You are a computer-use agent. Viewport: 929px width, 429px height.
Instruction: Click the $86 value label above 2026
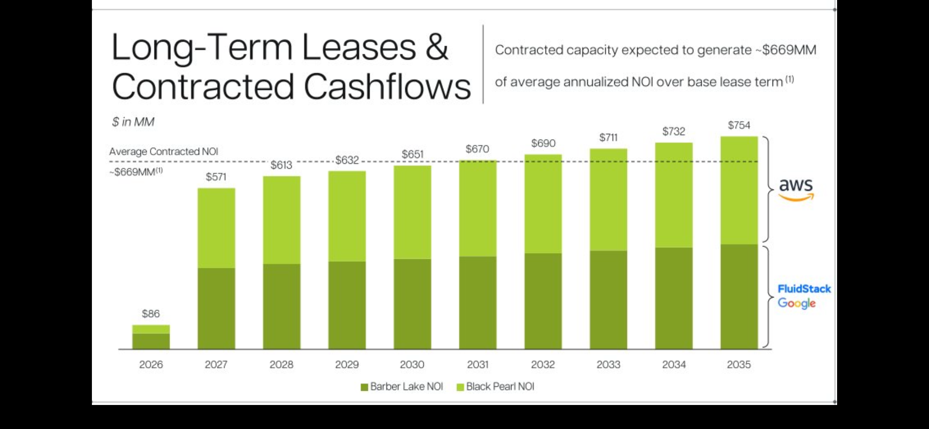[x=151, y=314]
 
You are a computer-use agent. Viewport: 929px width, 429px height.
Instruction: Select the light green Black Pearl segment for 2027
[x=216, y=228]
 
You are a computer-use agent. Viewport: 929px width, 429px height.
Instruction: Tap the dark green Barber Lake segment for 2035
[x=739, y=297]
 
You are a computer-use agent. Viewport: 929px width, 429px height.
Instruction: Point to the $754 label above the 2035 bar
[x=739, y=125]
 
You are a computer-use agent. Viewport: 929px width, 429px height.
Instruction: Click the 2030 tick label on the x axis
[x=412, y=365]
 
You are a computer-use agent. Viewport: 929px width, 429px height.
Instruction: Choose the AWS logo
[x=796, y=189]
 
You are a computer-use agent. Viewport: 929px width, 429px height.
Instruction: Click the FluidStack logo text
[x=804, y=289]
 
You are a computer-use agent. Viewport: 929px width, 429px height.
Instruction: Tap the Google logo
[x=796, y=304]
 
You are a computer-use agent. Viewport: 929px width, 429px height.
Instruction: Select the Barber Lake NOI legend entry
[x=402, y=387]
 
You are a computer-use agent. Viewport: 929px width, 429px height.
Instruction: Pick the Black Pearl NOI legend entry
[x=496, y=387]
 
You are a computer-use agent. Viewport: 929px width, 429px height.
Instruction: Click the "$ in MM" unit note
[x=133, y=122]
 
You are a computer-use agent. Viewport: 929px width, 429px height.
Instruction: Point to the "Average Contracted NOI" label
[x=164, y=152]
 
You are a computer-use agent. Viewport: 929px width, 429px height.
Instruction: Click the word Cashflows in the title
[x=387, y=87]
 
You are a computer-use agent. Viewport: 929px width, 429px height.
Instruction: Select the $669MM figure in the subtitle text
[x=789, y=50]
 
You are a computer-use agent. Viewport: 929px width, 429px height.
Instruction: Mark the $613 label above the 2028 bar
[x=281, y=165]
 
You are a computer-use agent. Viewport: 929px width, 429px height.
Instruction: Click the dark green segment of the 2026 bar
[x=151, y=341]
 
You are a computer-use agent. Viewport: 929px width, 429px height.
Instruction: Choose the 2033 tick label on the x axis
[x=608, y=365]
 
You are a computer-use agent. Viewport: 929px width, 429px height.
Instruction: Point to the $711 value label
[x=608, y=138]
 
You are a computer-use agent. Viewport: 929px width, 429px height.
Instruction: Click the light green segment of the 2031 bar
[x=477, y=209]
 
